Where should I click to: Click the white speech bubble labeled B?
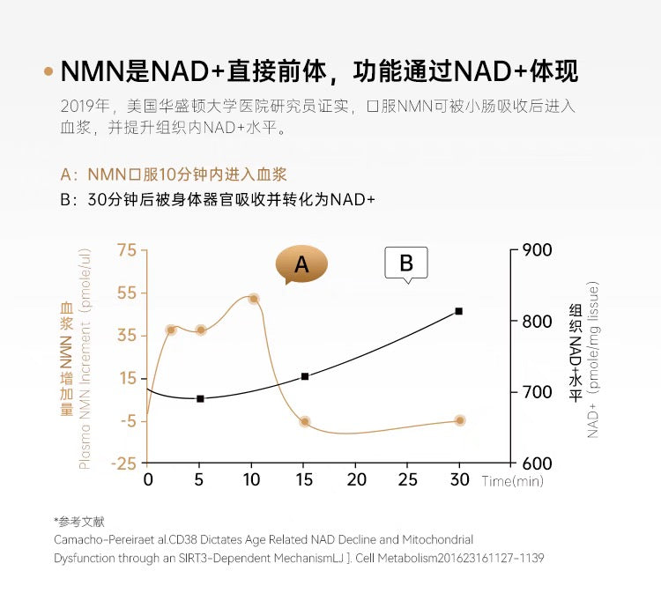tap(405, 263)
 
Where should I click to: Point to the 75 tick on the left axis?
tap(127, 250)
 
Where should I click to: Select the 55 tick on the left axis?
tap(127, 293)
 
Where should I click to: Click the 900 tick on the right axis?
tap(537, 250)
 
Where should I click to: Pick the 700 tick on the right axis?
tap(537, 392)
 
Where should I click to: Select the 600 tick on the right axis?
tap(537, 463)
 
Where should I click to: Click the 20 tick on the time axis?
tap(356, 480)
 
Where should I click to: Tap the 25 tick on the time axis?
tap(407, 480)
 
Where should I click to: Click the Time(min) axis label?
tap(513, 481)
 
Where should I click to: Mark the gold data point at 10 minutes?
tap(253, 299)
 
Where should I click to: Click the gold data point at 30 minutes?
tap(459, 420)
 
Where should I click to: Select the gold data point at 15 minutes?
tap(304, 421)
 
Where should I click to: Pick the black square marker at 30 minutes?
tap(459, 311)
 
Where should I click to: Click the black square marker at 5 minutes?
tap(200, 399)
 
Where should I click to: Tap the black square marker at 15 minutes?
tap(304, 376)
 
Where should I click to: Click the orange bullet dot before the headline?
tap(48, 71)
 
